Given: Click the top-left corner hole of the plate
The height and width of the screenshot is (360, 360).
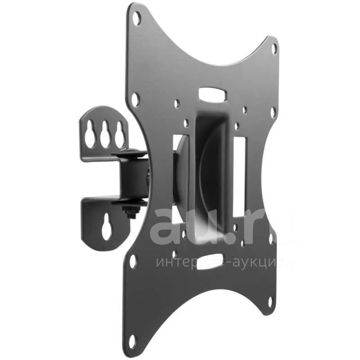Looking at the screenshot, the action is pos(137,18).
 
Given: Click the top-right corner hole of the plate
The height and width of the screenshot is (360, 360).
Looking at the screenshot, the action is pos(274,49).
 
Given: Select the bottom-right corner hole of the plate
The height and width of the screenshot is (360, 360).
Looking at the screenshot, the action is pos(270,302).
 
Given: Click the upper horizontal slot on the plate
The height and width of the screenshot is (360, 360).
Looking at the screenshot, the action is pos(213,94).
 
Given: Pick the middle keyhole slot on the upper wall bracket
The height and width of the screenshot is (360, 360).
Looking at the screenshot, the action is pos(104,134).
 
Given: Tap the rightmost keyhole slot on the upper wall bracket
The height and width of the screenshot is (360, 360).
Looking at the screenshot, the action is pos(119,134).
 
